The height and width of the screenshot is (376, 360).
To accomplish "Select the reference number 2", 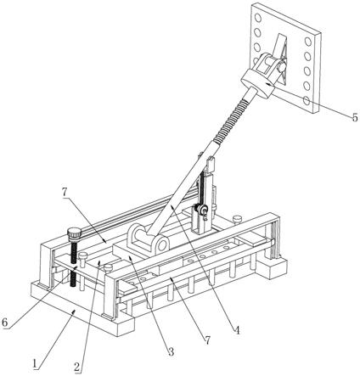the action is click(x=76, y=367).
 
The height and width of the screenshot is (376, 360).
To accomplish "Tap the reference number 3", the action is click(x=171, y=351).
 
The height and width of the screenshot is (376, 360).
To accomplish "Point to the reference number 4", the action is click(x=237, y=330).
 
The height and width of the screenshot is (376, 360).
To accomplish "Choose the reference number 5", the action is click(x=355, y=117).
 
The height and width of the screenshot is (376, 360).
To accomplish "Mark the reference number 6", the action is click(x=4, y=323).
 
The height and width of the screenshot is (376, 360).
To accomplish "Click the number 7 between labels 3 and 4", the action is click(x=208, y=340).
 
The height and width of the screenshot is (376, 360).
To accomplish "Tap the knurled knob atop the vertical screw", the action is click(x=75, y=233).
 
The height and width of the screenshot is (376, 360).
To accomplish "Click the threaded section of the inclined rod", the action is click(x=232, y=118).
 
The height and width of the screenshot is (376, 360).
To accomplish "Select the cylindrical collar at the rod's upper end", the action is click(x=257, y=83).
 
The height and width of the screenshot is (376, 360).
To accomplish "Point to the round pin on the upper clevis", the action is click(x=281, y=67).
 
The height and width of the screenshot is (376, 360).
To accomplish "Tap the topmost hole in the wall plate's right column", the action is click(x=308, y=42).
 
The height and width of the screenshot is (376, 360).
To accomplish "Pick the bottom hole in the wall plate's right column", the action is click(x=307, y=100).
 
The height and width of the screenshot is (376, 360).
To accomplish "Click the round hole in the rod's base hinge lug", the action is click(x=163, y=246).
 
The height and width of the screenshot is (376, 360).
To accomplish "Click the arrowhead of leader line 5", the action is click(x=267, y=83).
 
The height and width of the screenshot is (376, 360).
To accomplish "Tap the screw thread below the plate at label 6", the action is click(x=74, y=278).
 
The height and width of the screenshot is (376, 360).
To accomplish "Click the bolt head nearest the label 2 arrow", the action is click(x=108, y=267).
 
